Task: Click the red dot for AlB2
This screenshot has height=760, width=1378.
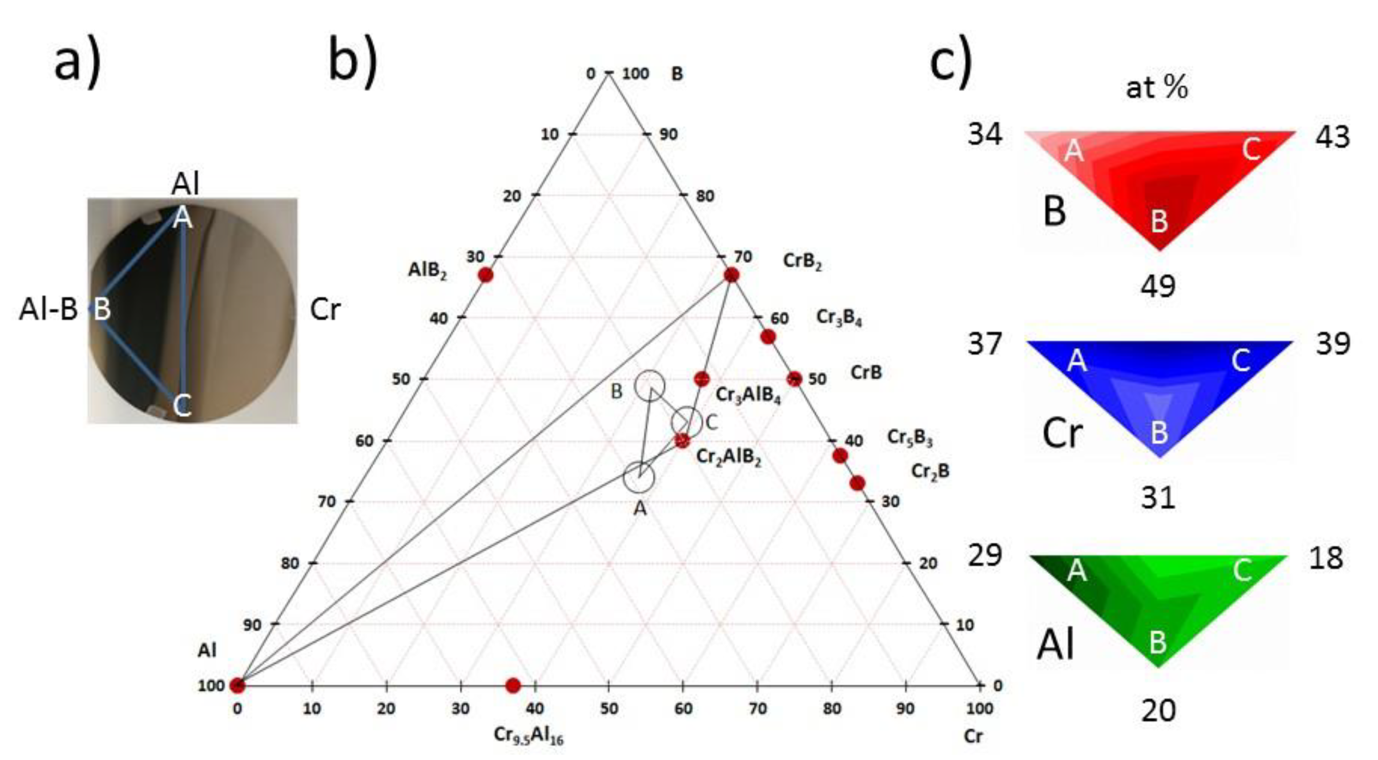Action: (x=485, y=275)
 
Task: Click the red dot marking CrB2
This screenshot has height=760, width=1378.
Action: (x=731, y=275)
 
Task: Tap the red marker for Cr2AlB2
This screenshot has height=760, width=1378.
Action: (x=682, y=441)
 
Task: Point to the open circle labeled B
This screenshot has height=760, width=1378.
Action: (x=650, y=385)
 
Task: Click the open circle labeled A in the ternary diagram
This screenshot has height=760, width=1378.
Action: (x=639, y=477)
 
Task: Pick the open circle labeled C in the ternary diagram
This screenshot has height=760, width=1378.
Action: (x=687, y=421)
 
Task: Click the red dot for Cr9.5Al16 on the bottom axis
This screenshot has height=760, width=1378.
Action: (x=513, y=685)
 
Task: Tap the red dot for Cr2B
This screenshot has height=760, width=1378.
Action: (x=857, y=483)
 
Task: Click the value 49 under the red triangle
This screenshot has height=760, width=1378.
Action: (x=1158, y=286)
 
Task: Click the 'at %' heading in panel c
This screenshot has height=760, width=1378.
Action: (x=1157, y=87)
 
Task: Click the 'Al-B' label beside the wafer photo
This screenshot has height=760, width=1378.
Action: (x=48, y=309)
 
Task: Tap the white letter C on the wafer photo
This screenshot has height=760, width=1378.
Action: (x=182, y=406)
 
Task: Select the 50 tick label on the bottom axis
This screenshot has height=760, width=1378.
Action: (x=609, y=709)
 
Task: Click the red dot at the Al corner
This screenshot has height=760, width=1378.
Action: (x=237, y=685)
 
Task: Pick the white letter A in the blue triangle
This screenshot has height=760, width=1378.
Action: (x=1077, y=361)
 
